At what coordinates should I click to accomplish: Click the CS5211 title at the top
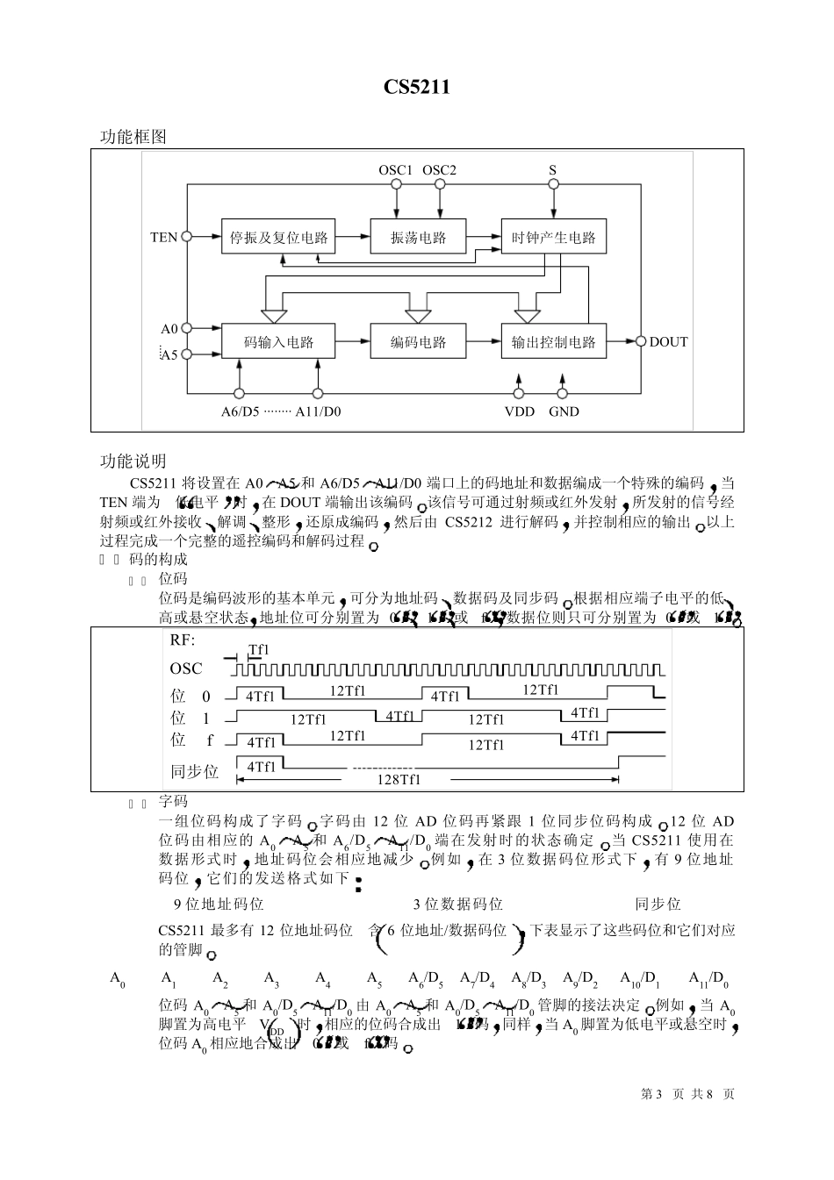(416, 87)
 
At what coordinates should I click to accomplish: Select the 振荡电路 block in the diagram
(418, 237)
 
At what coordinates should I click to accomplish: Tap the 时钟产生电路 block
(553, 237)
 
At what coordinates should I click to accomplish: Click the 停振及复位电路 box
(278, 237)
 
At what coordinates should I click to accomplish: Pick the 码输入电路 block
(278, 341)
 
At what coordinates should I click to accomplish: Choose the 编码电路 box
(418, 341)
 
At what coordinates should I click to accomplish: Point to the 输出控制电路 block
(553, 341)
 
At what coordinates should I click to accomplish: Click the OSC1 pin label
(395, 170)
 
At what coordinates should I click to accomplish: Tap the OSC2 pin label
(439, 170)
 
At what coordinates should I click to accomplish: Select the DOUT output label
(668, 342)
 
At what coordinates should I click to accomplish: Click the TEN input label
(163, 237)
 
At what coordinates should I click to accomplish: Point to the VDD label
(519, 411)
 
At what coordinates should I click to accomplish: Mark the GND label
(564, 411)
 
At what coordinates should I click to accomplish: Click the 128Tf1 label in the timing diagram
(399, 780)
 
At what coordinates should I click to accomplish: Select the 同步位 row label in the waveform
(194, 772)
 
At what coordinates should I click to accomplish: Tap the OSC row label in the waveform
(186, 669)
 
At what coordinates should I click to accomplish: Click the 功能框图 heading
(133, 137)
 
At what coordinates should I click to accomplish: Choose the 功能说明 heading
(133, 461)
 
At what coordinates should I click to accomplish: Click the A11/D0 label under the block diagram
(318, 411)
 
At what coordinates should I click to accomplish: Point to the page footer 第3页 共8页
(687, 1094)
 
